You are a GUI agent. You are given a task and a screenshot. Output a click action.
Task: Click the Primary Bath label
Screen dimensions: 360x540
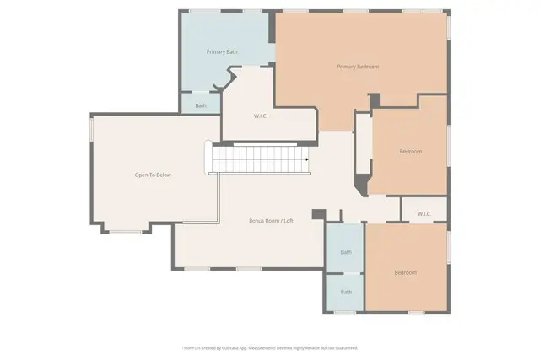[222, 52]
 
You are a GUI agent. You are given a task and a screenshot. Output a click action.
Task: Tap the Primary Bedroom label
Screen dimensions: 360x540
[358, 67]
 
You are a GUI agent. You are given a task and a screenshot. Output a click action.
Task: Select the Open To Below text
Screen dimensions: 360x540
[153, 175]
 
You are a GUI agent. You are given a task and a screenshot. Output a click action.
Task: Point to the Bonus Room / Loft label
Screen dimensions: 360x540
[271, 221]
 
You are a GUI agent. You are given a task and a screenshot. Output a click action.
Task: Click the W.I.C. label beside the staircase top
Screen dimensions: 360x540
[261, 116]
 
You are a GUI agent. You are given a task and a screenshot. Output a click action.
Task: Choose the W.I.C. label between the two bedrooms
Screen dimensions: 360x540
[424, 214]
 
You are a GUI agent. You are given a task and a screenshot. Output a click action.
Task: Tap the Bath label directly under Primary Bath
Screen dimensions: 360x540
[201, 105]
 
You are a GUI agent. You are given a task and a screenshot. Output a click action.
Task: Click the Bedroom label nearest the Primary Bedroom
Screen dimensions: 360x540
[410, 152]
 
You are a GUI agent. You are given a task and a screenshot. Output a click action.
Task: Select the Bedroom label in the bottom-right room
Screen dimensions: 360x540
[406, 273]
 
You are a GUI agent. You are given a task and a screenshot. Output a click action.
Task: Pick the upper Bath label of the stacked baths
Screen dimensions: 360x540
[346, 252]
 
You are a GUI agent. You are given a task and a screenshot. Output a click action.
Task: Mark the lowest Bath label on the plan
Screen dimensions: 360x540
[346, 293]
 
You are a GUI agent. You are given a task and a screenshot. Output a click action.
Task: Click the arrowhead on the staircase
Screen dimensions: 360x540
[307, 158]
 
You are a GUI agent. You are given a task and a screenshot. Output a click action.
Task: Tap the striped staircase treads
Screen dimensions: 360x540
[257, 158]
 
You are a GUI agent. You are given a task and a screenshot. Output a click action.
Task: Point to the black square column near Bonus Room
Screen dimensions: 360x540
[317, 214]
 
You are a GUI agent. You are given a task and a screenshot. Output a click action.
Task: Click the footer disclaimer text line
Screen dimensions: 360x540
[270, 347]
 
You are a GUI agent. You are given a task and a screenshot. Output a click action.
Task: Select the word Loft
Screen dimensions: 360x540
[288, 221]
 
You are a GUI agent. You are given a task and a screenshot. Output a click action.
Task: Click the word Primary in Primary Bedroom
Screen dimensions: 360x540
[346, 67]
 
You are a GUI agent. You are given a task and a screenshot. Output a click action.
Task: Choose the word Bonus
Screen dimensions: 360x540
[256, 221]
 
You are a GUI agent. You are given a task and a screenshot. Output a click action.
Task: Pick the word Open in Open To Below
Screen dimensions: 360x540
[141, 175]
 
